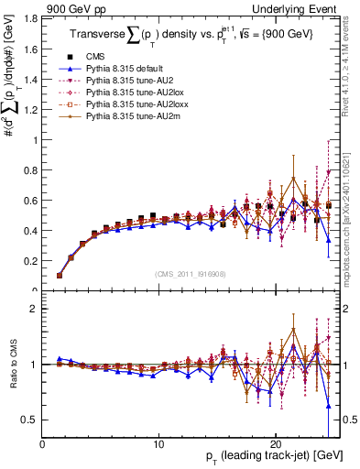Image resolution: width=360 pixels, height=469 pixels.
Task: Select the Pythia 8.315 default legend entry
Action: tap(115, 68)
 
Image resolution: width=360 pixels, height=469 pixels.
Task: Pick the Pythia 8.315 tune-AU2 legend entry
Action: tap(113, 80)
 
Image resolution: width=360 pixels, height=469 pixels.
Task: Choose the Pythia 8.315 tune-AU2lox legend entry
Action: tap(115, 92)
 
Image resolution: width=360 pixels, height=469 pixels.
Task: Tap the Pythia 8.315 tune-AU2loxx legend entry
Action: tap(117, 104)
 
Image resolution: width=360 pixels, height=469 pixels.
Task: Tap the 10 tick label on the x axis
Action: tap(159, 443)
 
